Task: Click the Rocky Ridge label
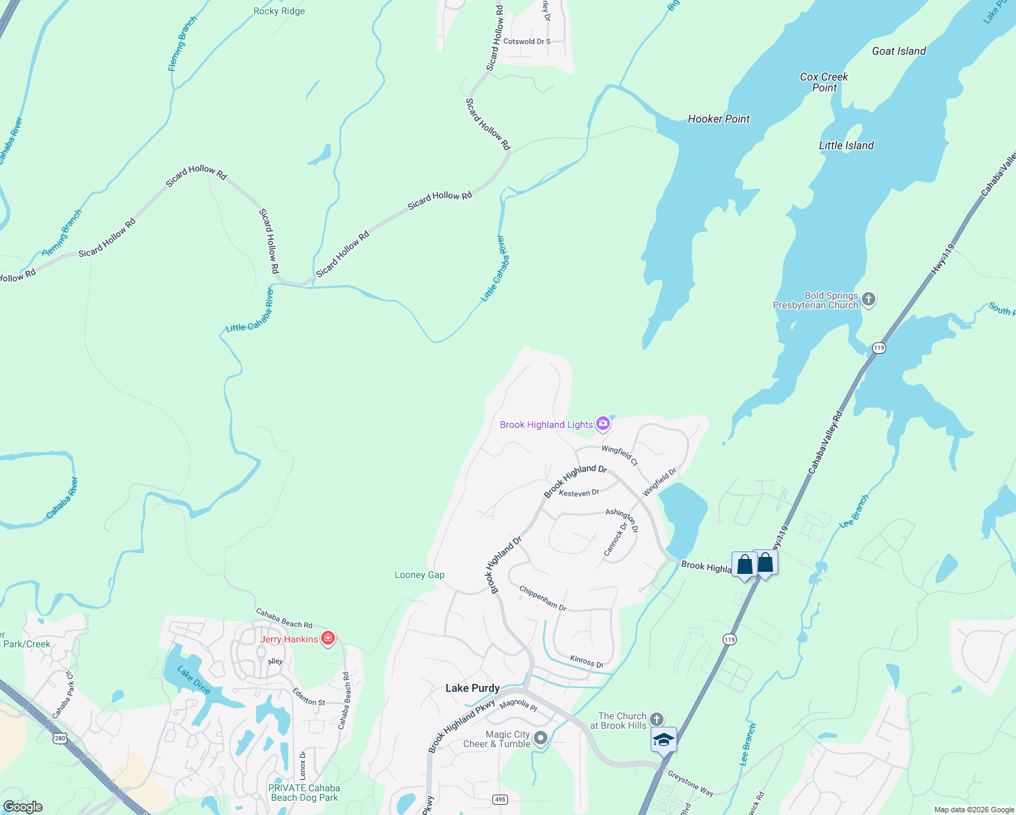coord(279,11)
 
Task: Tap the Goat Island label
coord(899,51)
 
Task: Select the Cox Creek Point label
coord(824,82)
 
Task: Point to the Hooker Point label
coord(719,119)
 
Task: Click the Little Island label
coord(846,145)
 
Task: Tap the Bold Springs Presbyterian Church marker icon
coord(869,299)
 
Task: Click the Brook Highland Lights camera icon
coord(602,424)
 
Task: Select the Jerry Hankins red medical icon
coord(328,638)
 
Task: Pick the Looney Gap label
coord(420,575)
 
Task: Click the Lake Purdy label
coord(473,688)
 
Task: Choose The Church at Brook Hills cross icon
coord(656,719)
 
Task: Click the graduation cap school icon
coord(664,740)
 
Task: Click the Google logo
coord(22,807)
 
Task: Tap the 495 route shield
coord(501,799)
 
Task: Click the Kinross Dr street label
coord(587,662)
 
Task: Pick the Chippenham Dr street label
coord(543,598)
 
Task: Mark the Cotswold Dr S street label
coord(527,41)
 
